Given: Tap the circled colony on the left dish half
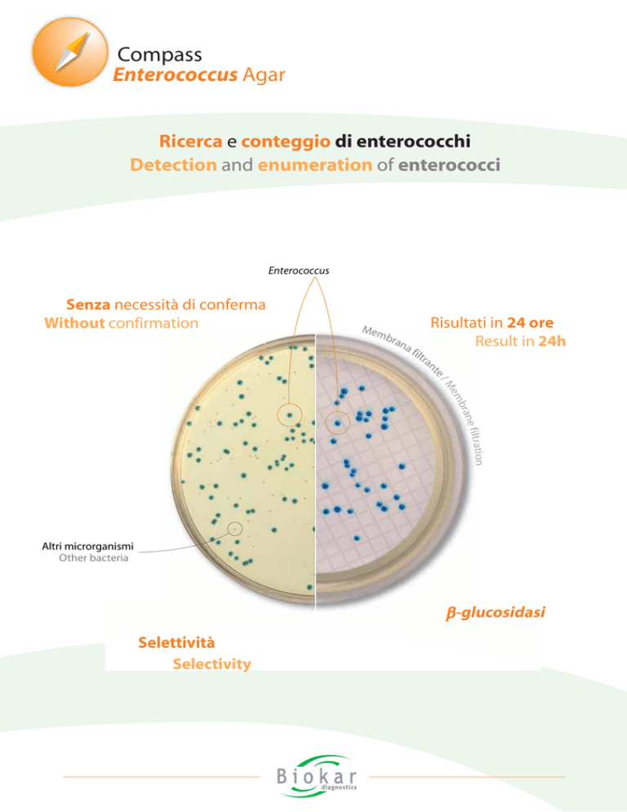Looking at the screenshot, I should click(290, 415).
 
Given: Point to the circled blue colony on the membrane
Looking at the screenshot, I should click(337, 423).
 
